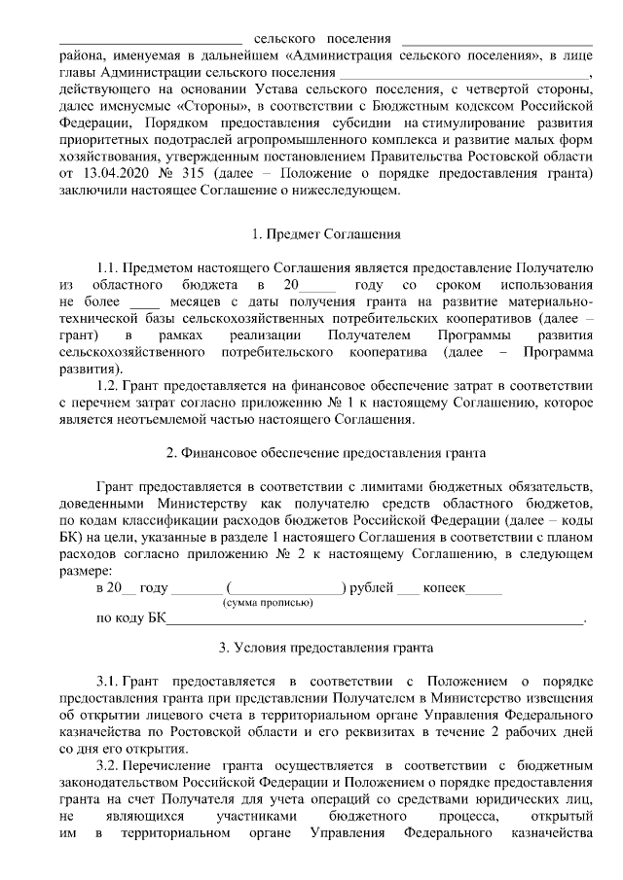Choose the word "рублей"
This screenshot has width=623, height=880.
(x=371, y=588)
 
